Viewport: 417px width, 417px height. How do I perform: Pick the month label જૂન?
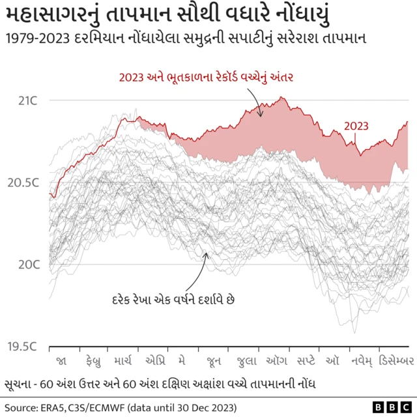(214, 360)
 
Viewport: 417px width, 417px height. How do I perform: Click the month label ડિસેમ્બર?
(397, 360)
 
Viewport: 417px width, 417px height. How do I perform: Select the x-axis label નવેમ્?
(360, 360)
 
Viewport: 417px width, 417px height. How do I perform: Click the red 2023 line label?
(356, 126)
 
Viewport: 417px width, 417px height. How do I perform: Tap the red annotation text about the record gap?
(207, 78)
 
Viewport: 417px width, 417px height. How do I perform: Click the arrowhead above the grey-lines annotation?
(207, 255)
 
